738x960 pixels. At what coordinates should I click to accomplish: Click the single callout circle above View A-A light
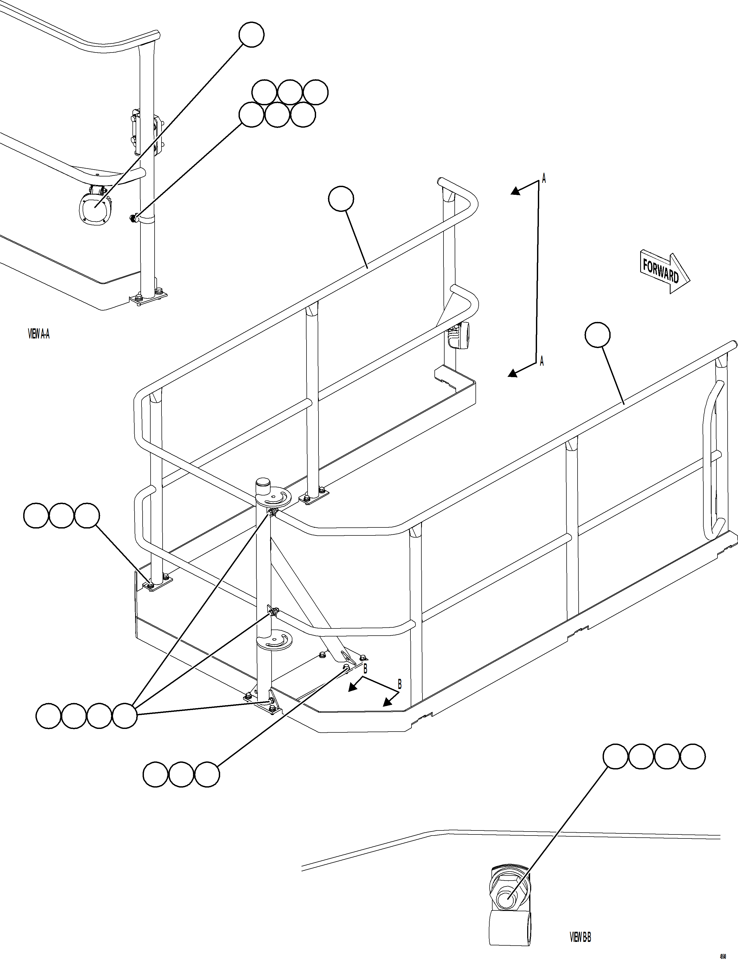[251, 34]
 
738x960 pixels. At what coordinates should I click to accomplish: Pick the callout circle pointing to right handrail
[598, 335]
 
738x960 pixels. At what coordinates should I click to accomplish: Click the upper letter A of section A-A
[544, 179]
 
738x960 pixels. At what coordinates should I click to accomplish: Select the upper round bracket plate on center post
[273, 498]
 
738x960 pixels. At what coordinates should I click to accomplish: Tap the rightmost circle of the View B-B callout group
[693, 756]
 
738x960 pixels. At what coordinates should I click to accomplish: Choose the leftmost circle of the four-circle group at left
[48, 716]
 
